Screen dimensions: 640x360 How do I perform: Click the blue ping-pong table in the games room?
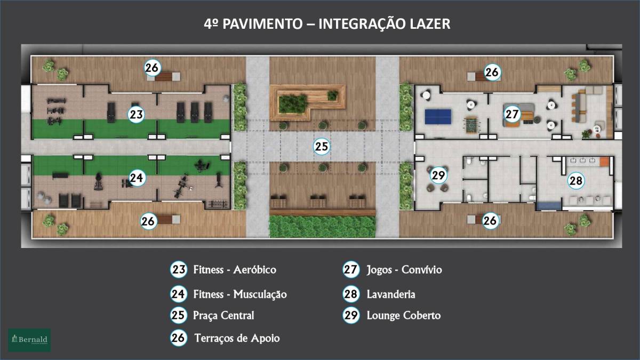point(438,117)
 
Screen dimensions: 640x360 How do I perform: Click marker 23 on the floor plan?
point(136,115)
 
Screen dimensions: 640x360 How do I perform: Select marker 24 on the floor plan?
point(137,178)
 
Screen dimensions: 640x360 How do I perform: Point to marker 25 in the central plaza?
point(322,147)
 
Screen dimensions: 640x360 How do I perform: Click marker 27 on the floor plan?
point(511,114)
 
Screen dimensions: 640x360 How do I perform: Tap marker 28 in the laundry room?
point(576,181)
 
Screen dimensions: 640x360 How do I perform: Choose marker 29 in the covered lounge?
point(438,175)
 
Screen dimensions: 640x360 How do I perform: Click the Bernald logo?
point(29,340)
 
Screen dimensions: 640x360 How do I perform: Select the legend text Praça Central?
point(223,315)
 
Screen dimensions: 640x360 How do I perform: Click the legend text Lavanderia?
point(391,294)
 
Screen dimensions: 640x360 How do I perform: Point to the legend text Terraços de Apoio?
point(237,338)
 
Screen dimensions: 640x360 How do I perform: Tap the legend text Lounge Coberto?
point(404,315)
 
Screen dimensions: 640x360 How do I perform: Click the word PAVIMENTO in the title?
point(262,23)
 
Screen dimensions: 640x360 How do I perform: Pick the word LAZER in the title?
point(430,23)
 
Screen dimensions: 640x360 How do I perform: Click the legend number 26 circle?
point(178,338)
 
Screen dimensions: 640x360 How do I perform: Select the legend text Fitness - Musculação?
point(240,294)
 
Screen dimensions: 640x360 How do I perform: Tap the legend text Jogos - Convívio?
point(404,270)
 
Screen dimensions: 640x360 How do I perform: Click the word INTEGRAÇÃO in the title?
point(362,23)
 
